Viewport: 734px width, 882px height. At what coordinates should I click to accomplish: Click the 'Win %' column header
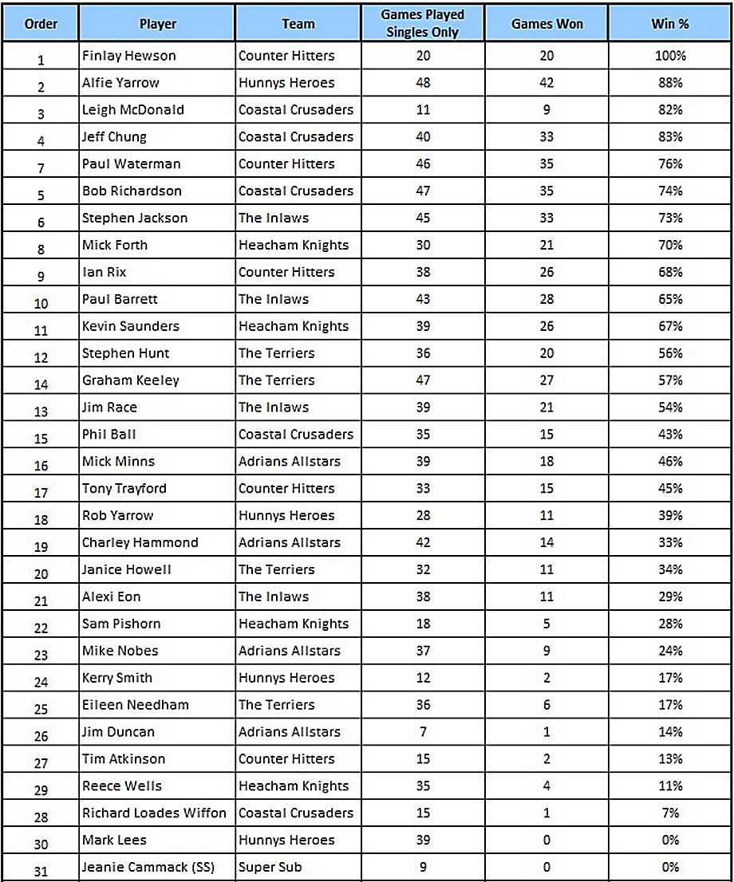(x=670, y=24)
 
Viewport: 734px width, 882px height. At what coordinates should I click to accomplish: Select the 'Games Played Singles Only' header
(x=423, y=24)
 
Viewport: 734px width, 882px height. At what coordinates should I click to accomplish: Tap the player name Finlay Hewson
(x=128, y=56)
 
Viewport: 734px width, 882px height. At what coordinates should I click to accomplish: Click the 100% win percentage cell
(x=670, y=56)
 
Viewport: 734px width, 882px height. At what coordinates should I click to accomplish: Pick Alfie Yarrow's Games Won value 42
(x=547, y=83)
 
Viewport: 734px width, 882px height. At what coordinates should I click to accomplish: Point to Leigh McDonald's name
(x=133, y=110)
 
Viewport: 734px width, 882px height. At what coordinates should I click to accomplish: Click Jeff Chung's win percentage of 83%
(x=670, y=137)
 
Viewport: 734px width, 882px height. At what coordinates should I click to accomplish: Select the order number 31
(x=41, y=869)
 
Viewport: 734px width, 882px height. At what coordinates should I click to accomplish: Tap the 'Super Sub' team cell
(x=270, y=867)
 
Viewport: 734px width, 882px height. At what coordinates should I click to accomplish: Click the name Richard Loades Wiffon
(x=154, y=813)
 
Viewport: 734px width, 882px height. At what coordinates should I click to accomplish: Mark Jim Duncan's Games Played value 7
(x=423, y=731)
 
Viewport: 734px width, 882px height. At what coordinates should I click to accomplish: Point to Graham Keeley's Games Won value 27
(x=547, y=380)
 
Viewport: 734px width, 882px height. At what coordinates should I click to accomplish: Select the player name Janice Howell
(x=127, y=569)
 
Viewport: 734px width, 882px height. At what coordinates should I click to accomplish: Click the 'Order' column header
(x=41, y=24)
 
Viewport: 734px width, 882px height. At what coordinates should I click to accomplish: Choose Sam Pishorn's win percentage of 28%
(x=670, y=624)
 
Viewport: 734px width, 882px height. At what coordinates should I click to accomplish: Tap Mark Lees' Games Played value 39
(x=423, y=840)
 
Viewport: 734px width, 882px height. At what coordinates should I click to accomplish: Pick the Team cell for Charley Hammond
(x=290, y=542)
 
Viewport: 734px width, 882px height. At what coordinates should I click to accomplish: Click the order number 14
(x=41, y=383)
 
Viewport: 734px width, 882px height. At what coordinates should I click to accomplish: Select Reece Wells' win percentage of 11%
(x=670, y=786)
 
